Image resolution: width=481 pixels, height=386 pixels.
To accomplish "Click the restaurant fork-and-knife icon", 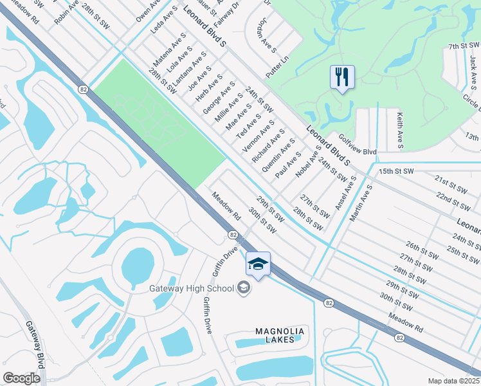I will click(342, 77).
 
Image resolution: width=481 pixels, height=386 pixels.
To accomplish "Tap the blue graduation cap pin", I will click(258, 264).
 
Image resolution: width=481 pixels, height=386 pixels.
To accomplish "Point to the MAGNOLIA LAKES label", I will click(279, 335).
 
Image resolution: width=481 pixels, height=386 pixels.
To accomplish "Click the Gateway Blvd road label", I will click(35, 344).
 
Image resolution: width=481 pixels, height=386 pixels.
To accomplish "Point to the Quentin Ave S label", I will click(278, 155).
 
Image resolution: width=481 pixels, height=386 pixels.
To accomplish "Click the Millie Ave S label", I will click(228, 107).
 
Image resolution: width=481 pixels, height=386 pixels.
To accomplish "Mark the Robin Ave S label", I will click(66, 12).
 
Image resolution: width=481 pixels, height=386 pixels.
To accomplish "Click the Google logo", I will click(21, 378).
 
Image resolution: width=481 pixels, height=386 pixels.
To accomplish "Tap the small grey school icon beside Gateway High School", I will click(244, 288).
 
